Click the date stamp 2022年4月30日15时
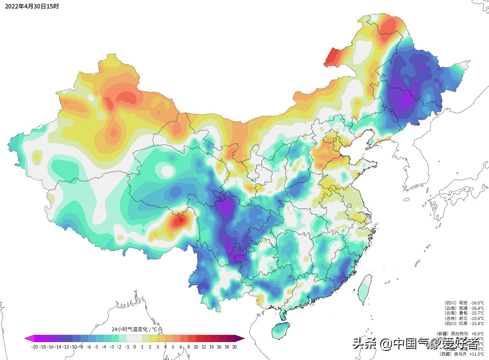coord(32,6)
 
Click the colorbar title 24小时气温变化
coord(134,329)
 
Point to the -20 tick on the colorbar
coord(34,347)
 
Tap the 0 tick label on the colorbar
coord(134,347)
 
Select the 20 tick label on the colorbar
coord(234,347)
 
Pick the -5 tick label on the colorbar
coord(96,347)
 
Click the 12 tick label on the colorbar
coord(204,347)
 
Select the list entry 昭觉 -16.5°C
coord(464,303)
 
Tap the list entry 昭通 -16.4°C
coord(464,308)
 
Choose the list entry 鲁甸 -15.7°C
coord(464,313)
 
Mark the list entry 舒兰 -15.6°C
coord(464,318)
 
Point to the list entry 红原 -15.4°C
coord(464,323)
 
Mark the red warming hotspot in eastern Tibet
coord(179,221)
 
